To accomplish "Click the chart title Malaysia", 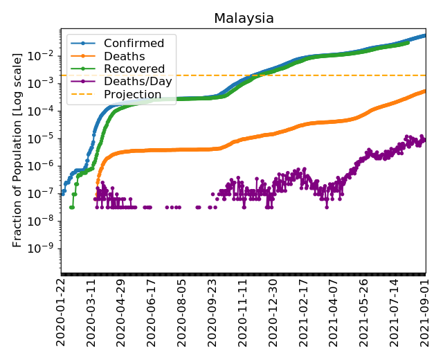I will click(x=244, y=18).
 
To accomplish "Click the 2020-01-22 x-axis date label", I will click(x=62, y=311).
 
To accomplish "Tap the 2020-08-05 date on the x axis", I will click(x=183, y=311).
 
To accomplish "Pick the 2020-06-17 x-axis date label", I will click(x=152, y=311).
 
